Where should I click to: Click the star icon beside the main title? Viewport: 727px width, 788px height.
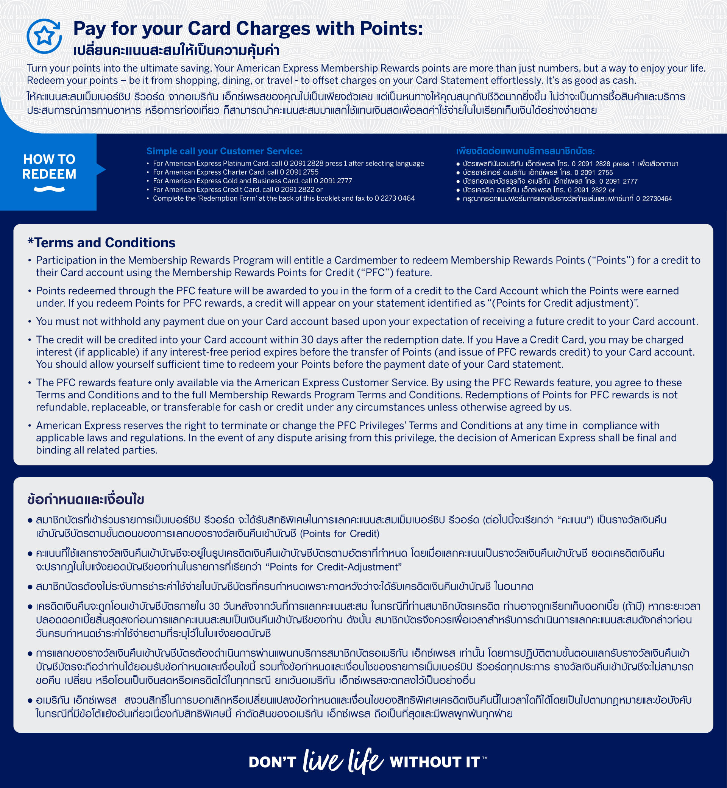coord(44,36)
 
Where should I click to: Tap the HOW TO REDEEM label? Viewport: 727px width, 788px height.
coord(49,166)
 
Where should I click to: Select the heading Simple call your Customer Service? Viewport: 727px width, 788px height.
coord(224,151)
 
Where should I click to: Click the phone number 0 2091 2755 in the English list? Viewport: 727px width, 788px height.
coord(299,172)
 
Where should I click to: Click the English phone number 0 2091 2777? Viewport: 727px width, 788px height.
coord(332,181)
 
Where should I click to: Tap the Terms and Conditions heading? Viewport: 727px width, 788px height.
coord(101,243)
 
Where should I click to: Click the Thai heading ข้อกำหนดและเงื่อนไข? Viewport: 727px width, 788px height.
coord(86,499)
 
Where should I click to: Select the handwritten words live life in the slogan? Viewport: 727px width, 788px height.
coord(343,760)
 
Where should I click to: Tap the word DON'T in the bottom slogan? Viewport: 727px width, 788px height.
coord(272,762)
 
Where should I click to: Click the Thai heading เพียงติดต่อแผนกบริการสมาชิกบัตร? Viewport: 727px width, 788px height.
coord(525,151)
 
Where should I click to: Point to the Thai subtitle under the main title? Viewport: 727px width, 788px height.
coord(176,50)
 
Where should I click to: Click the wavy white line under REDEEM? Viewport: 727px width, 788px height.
coord(49,189)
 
